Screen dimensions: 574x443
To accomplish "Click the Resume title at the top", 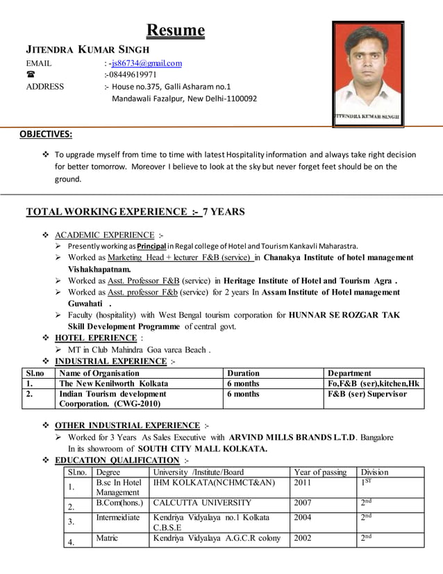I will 175,31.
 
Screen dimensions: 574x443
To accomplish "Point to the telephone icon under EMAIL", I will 30,75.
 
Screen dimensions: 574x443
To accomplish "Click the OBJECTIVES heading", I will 45,134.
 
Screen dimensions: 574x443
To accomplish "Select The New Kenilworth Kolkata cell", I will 114,384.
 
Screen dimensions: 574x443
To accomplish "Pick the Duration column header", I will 243,373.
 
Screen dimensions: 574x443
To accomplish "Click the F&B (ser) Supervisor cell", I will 367,394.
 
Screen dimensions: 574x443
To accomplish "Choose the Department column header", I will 349,373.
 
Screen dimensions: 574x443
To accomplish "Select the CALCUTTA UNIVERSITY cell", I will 202,502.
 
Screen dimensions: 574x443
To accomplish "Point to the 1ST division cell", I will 367,483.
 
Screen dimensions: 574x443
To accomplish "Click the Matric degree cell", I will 107,537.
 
